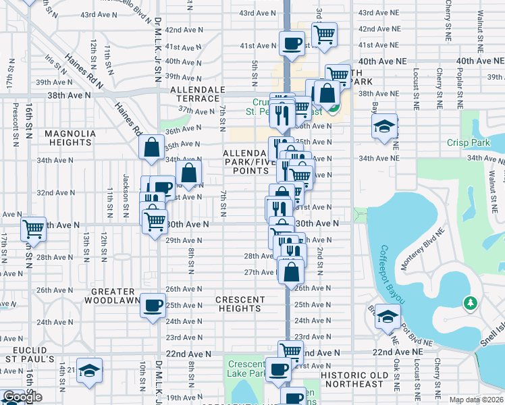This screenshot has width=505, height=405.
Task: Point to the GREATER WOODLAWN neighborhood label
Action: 115,295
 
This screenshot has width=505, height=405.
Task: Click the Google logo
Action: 22,398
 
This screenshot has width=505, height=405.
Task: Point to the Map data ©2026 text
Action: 476,400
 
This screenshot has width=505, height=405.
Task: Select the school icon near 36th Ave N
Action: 385,126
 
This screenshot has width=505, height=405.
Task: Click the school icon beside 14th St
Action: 88,371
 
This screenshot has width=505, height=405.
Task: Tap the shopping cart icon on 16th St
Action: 32,229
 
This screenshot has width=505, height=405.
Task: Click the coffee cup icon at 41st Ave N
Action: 292,43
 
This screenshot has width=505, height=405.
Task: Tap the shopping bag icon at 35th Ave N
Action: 152,146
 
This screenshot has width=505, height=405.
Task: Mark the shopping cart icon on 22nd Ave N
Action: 290,351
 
